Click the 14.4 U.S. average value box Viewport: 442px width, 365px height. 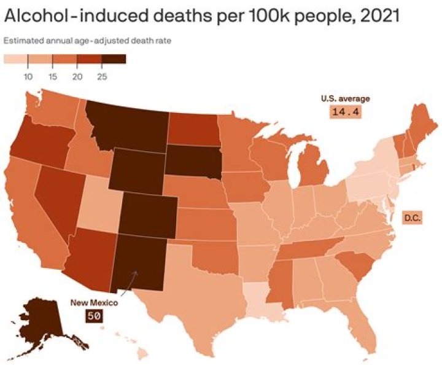point(345,112)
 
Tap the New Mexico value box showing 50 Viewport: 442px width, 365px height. point(94,316)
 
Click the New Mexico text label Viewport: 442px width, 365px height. point(93,302)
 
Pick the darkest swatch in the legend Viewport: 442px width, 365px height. point(114,60)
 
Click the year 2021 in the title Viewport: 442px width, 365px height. point(379,16)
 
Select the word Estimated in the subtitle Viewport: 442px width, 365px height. point(21,41)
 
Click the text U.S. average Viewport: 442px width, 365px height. point(345,98)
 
